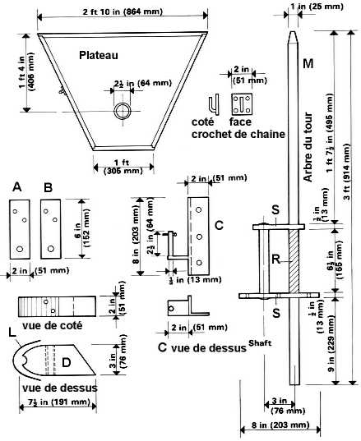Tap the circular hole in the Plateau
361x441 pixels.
(123, 110)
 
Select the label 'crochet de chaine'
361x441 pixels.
(237, 134)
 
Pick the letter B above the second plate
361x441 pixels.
(47, 188)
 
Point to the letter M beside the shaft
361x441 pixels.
(308, 64)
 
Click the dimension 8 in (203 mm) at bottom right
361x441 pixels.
(278, 426)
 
